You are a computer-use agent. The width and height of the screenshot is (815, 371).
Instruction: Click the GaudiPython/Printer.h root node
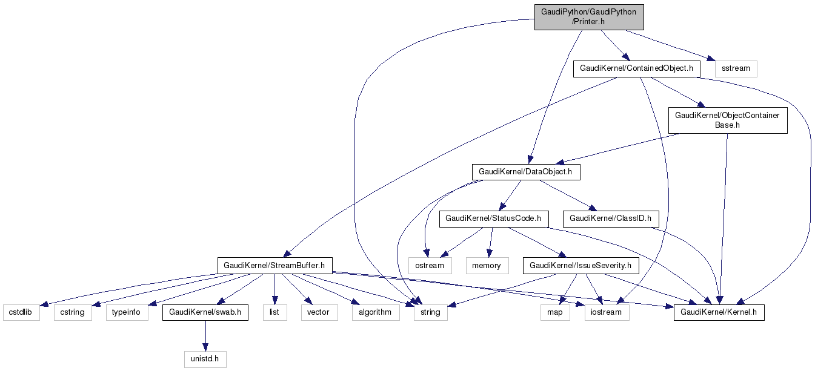tap(588, 18)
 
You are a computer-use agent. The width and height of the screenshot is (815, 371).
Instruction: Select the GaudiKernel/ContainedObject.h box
tap(636, 68)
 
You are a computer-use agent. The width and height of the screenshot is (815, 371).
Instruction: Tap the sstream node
tap(736, 68)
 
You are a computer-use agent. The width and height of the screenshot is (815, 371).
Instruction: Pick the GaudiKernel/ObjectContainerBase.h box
tap(727, 120)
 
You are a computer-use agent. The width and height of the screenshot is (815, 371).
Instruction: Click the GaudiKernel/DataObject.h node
tap(525, 172)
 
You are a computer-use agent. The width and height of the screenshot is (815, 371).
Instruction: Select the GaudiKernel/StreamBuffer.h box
tap(274, 265)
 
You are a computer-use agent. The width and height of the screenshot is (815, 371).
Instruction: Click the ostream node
tap(430, 265)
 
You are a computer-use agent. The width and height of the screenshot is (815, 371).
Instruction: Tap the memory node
tap(487, 265)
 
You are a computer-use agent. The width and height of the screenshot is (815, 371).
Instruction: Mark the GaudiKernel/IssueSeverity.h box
tap(580, 265)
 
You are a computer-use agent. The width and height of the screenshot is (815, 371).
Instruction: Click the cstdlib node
tap(21, 312)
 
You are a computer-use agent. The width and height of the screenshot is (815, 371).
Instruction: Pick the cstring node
tap(73, 312)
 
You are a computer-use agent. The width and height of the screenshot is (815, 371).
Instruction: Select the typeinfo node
tap(127, 312)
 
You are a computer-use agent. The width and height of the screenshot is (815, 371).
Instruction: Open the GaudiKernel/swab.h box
tap(205, 312)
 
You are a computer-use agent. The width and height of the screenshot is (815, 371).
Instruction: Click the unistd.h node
tap(205, 360)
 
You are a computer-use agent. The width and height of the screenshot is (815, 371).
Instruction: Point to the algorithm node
tap(376, 312)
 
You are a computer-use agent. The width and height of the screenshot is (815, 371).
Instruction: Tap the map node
tap(554, 312)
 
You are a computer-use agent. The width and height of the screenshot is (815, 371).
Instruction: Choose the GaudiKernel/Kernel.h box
tap(719, 312)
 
